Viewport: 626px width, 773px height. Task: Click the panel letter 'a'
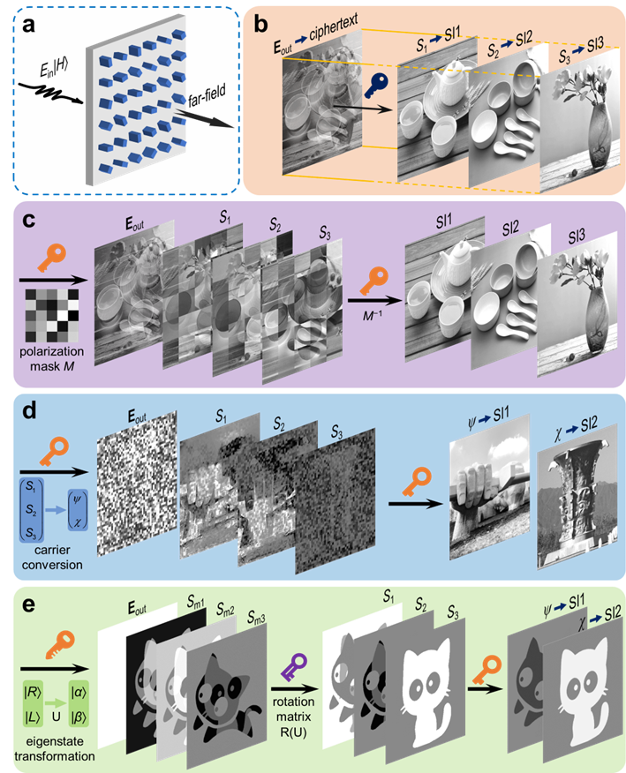(x=29, y=25)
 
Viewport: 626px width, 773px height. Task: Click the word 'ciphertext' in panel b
(x=334, y=27)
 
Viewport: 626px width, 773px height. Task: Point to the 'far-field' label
(x=207, y=94)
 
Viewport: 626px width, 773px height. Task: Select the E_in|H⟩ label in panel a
(x=53, y=69)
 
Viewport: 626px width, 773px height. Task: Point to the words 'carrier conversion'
(x=52, y=557)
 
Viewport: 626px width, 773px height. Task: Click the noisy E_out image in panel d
(x=137, y=484)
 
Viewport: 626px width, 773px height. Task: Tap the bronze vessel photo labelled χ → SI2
(x=577, y=497)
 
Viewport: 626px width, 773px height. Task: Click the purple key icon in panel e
(x=294, y=667)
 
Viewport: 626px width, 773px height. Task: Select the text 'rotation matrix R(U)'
(x=293, y=717)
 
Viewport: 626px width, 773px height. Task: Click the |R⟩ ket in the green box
(x=32, y=692)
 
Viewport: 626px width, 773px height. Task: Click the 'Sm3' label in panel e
(x=257, y=616)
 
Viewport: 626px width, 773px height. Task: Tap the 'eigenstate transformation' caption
(x=54, y=748)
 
